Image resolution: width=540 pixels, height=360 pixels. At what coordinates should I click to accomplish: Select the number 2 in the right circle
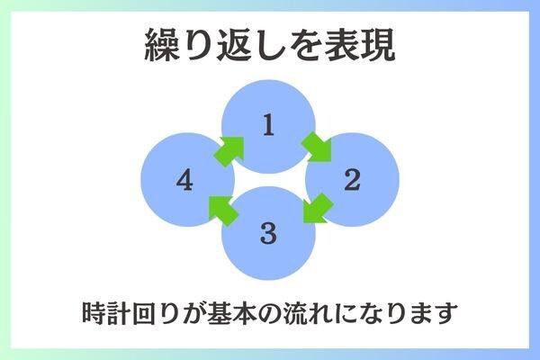352,181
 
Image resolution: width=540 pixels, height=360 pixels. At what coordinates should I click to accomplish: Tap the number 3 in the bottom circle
267,234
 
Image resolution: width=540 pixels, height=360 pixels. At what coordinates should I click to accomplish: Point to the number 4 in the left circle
184,181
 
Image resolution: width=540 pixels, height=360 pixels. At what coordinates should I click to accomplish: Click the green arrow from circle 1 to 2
317,145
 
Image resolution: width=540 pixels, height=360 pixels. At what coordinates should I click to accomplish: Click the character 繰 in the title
164,46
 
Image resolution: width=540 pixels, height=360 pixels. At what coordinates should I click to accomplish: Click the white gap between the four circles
268,180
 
